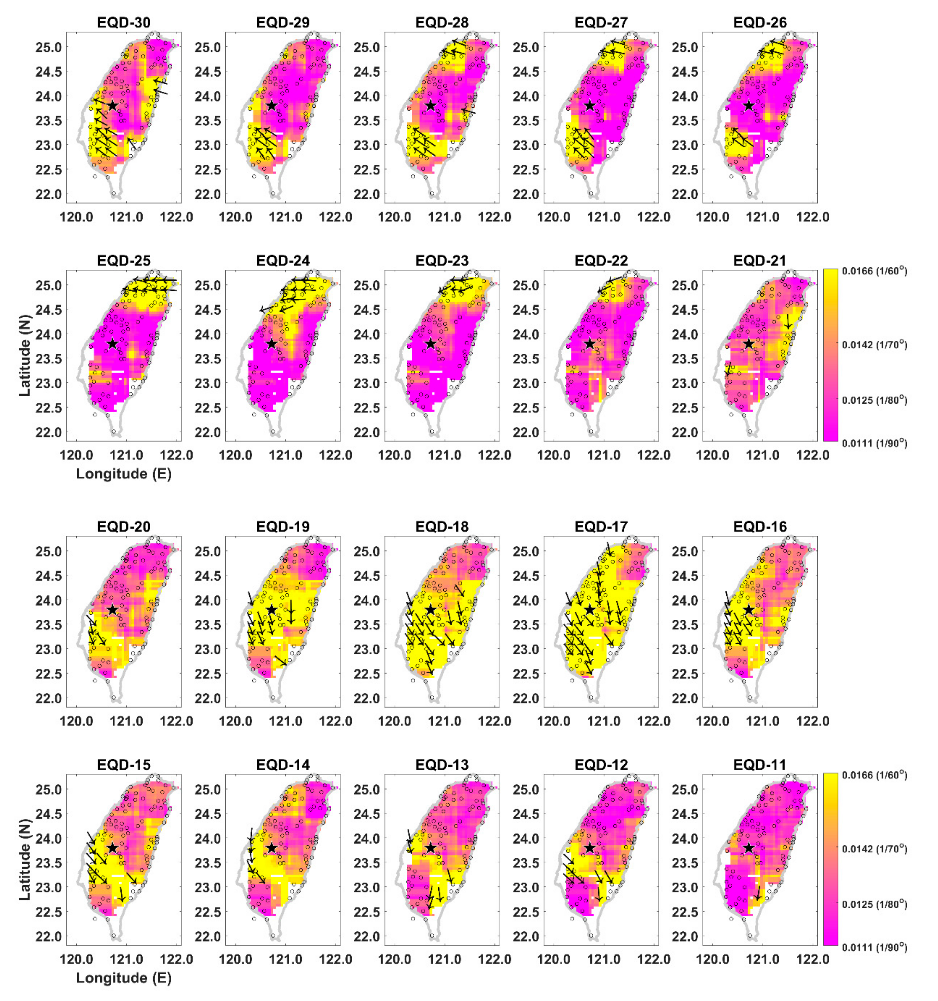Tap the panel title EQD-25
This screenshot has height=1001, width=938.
(123, 260)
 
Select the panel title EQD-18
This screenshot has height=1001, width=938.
(442, 527)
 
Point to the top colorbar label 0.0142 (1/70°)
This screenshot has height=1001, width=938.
(875, 344)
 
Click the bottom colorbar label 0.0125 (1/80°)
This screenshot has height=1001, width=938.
(875, 904)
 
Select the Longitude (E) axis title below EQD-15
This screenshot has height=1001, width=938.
(123, 978)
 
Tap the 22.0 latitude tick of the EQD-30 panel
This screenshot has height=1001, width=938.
(48, 194)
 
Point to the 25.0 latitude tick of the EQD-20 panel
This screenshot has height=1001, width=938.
(48, 551)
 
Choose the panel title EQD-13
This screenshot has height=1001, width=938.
(442, 765)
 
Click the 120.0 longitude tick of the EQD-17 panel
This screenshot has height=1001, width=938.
(554, 721)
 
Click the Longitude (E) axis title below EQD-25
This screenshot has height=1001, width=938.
(123, 474)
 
